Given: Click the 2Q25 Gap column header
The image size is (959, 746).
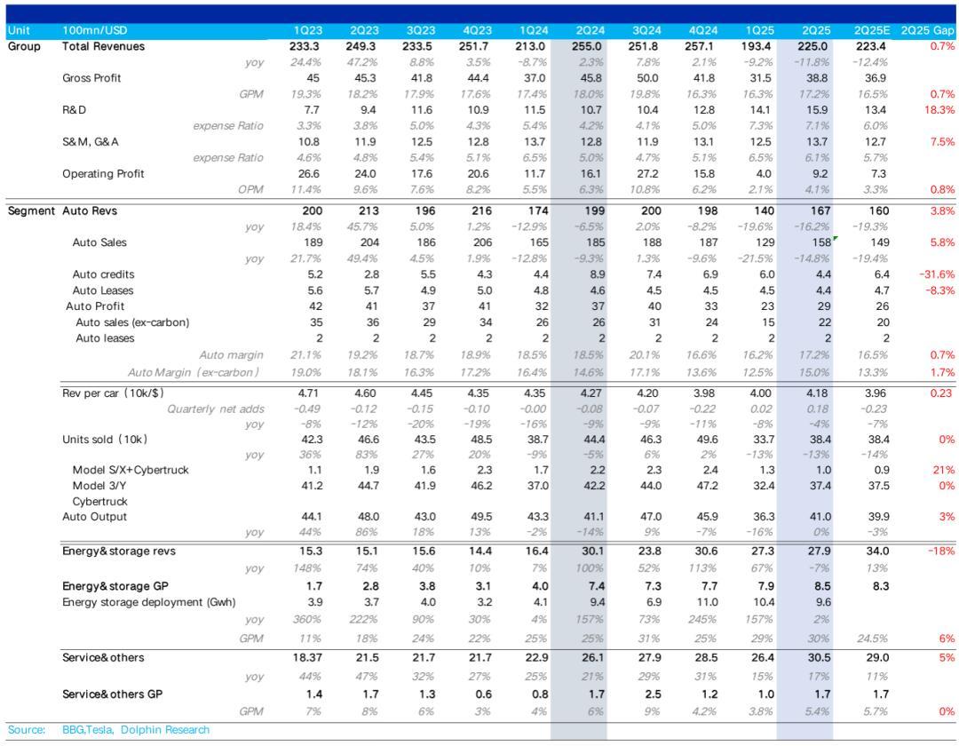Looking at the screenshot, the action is pos(926,30).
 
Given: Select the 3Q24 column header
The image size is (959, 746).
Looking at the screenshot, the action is pos(646,30).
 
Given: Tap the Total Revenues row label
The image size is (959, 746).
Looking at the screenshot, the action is pos(103,46).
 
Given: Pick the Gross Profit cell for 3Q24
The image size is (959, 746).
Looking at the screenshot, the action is pos(647,78).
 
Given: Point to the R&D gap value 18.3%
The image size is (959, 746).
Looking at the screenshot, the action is pos(940,110).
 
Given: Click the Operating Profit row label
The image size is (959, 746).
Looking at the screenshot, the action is pos(103,174).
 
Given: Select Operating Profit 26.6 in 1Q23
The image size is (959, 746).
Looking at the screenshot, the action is pos(308,174).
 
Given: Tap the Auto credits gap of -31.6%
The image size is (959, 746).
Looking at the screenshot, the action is pos(937,274).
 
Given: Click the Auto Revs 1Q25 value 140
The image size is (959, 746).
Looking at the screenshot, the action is pos(764,211).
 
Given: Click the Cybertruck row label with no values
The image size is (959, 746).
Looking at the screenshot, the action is pos(99,502).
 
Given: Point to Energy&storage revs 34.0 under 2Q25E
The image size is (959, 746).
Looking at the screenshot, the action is pos(877,551).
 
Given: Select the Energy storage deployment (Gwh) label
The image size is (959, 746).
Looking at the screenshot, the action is pos(149,602).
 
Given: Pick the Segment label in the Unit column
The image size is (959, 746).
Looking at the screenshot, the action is pos(31,211).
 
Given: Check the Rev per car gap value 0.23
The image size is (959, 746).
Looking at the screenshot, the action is pos(942,393).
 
